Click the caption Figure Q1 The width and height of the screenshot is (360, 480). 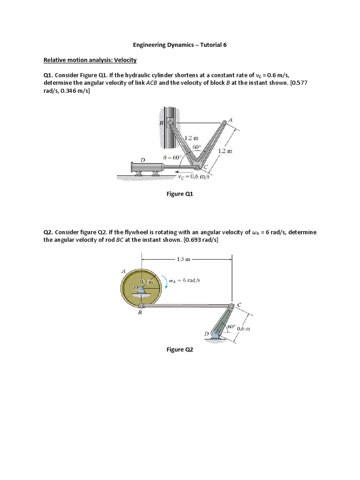[180, 194]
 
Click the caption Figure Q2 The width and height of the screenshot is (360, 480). [180, 349]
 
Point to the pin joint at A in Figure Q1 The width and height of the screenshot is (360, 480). [224, 124]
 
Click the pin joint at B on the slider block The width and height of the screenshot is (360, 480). [170, 124]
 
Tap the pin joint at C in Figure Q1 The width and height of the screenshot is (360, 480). [198, 167]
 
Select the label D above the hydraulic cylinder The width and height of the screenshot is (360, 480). [143, 160]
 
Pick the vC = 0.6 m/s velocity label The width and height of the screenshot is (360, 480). [193, 176]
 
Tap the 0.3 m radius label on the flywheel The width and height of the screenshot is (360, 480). [147, 282]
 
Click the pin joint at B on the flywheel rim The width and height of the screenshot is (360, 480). [141, 306]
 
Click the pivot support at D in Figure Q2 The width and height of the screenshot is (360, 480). [215, 334]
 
